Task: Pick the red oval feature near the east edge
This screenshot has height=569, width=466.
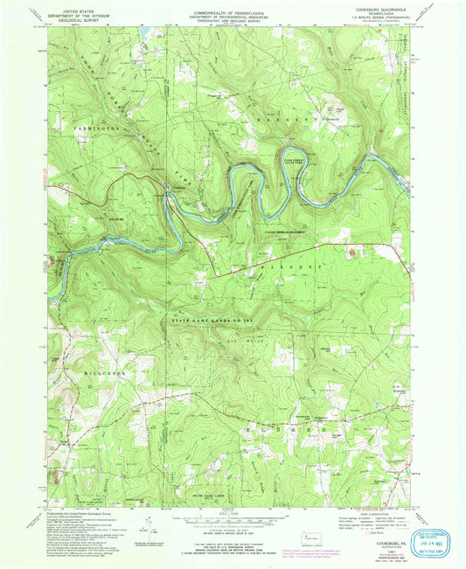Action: click(352, 254)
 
